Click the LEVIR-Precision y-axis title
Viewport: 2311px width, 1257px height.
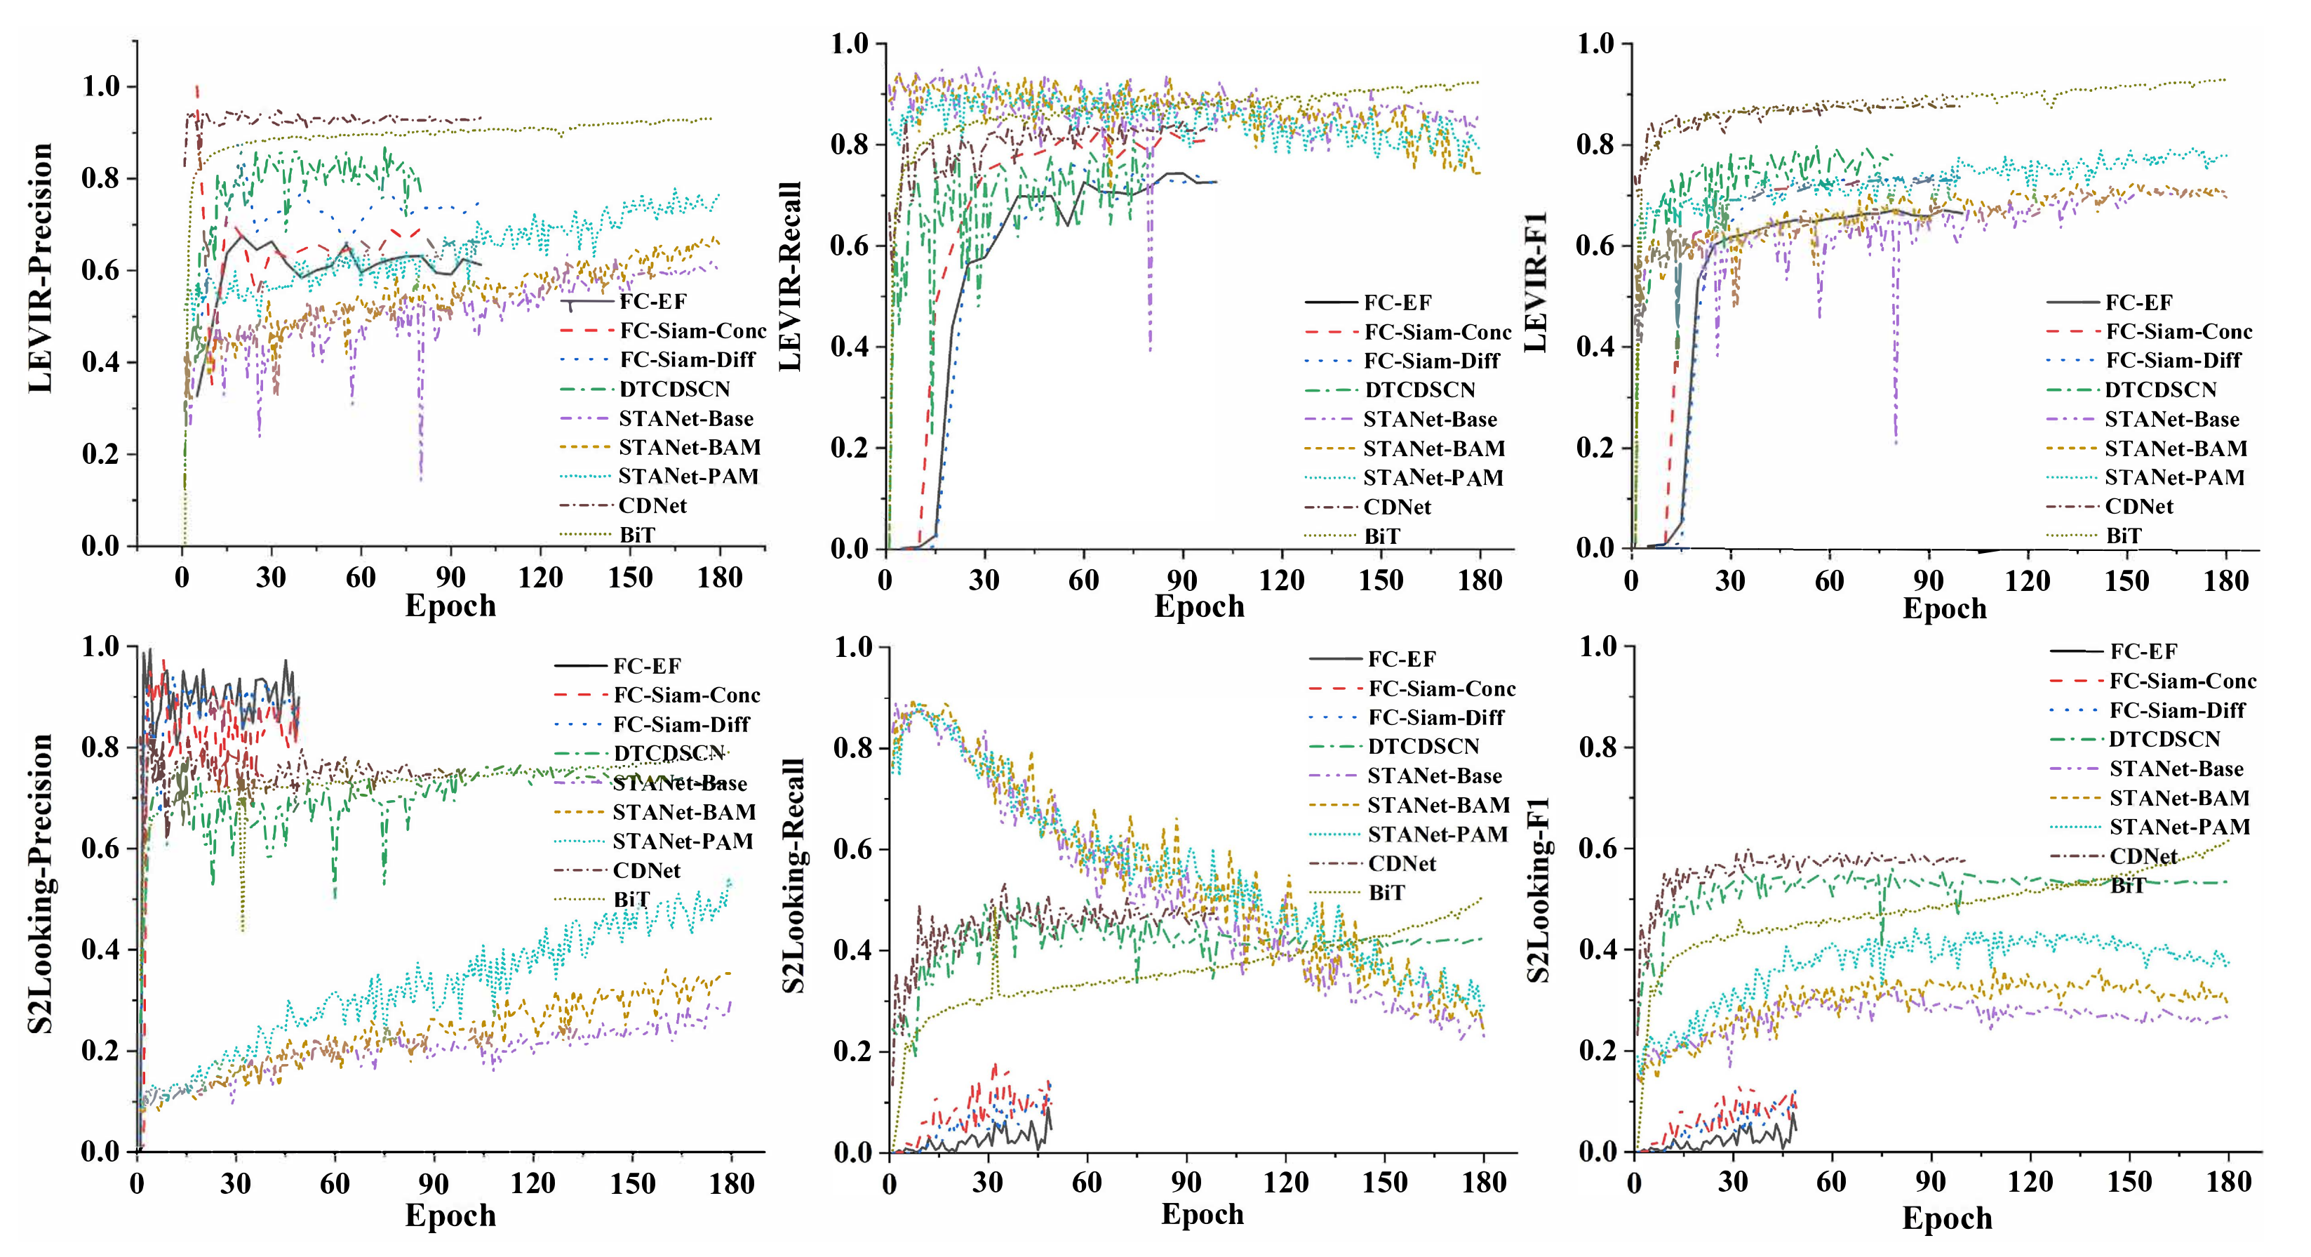[x=41, y=267]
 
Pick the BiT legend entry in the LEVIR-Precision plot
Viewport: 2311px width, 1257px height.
[x=637, y=535]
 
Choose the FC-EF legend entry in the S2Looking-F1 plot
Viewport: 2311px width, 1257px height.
[x=2143, y=651]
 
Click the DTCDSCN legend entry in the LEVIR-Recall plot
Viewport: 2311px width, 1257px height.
[x=1419, y=390]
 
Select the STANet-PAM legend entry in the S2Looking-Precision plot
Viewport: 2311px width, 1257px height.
[x=682, y=842]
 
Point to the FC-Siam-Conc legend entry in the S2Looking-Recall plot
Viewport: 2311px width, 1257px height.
[x=1441, y=689]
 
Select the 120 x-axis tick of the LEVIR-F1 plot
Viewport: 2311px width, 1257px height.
[x=2028, y=581]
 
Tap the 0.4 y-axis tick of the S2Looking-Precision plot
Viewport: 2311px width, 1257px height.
[x=100, y=950]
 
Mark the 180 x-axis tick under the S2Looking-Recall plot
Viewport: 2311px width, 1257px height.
[x=1484, y=1183]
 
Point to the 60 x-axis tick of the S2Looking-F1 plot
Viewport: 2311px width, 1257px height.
[x=1831, y=1183]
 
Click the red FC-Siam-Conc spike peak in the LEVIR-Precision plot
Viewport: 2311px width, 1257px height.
[x=197, y=88]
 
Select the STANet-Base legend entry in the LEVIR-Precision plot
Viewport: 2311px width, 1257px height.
[x=685, y=419]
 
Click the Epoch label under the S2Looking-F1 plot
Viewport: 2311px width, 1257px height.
[x=1946, y=1218]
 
